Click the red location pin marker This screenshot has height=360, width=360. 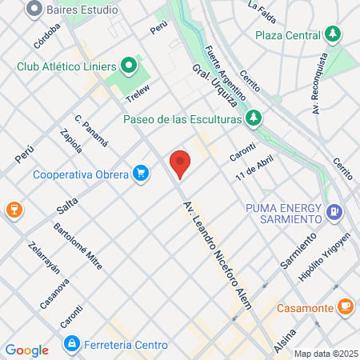(180, 163)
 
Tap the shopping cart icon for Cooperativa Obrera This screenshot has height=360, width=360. (142, 172)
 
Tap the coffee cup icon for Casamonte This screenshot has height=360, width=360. (345, 306)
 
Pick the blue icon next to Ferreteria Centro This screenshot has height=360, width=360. (72, 344)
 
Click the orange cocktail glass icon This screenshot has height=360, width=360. (13, 210)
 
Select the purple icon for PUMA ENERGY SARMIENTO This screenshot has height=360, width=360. (334, 213)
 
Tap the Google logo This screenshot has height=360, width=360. (26, 350)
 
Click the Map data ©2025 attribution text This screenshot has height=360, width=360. (325, 354)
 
